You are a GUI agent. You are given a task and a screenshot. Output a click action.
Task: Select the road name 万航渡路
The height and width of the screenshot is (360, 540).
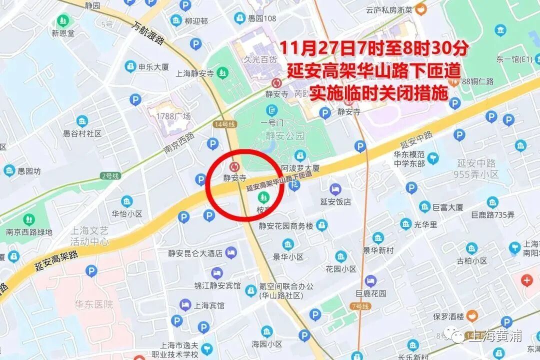(x=149, y=33)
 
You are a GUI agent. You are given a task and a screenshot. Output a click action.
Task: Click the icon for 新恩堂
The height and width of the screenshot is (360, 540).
(x=63, y=21)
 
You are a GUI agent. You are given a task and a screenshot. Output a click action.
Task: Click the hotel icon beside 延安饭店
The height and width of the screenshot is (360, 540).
(x=335, y=189)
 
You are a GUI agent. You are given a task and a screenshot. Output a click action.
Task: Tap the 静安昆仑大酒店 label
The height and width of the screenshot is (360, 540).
(x=191, y=253)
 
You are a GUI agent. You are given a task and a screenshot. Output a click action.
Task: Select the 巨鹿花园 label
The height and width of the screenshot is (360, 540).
(x=370, y=293)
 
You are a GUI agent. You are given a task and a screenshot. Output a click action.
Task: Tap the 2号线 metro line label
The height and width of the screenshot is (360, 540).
(x=110, y=175)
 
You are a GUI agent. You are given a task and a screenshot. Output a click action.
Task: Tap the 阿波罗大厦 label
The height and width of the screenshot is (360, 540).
(x=300, y=168)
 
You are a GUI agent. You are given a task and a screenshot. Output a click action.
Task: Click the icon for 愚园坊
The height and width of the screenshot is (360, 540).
(x=9, y=171)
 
